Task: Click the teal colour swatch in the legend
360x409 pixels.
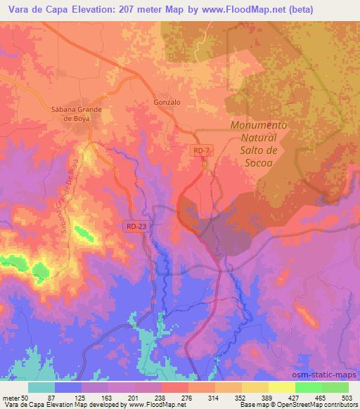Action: tap(42, 387)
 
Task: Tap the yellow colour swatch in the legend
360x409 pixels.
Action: tap(282, 387)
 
